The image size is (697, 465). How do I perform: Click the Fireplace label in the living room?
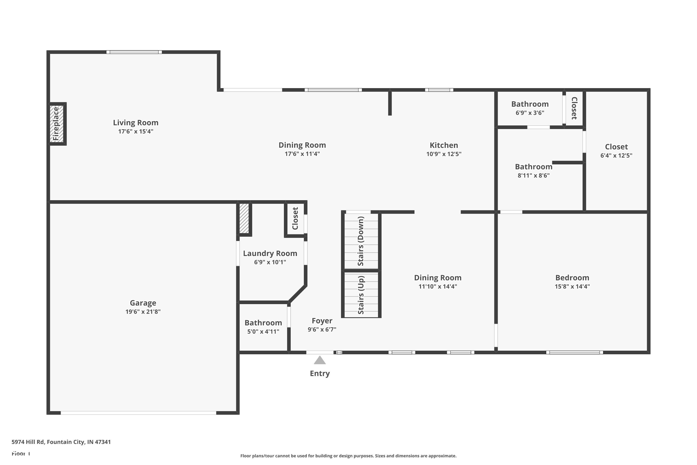pyautogui.click(x=56, y=124)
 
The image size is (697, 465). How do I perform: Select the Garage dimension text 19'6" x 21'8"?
pyautogui.click(x=143, y=312)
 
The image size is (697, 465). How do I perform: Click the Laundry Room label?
pyautogui.click(x=270, y=253)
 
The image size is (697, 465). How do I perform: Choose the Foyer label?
pyautogui.click(x=322, y=321)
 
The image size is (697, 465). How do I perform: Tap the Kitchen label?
pyautogui.click(x=444, y=145)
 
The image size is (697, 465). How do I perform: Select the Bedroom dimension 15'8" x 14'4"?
pyautogui.click(x=572, y=286)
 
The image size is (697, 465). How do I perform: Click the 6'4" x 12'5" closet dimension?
pyautogui.click(x=616, y=155)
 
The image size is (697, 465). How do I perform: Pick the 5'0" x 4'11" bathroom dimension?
pyautogui.click(x=263, y=332)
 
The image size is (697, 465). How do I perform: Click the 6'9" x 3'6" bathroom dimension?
pyautogui.click(x=530, y=113)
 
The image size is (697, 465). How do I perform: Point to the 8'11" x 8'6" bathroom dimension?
pyautogui.click(x=534, y=175)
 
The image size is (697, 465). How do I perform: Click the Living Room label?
pyautogui.click(x=136, y=123)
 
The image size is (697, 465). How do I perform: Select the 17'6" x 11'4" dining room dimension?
pyautogui.click(x=302, y=154)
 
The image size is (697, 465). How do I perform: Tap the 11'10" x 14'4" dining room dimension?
pyautogui.click(x=438, y=286)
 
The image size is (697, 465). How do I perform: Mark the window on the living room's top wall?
pyautogui.click(x=134, y=52)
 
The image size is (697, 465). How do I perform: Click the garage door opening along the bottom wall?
pyautogui.click(x=138, y=413)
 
